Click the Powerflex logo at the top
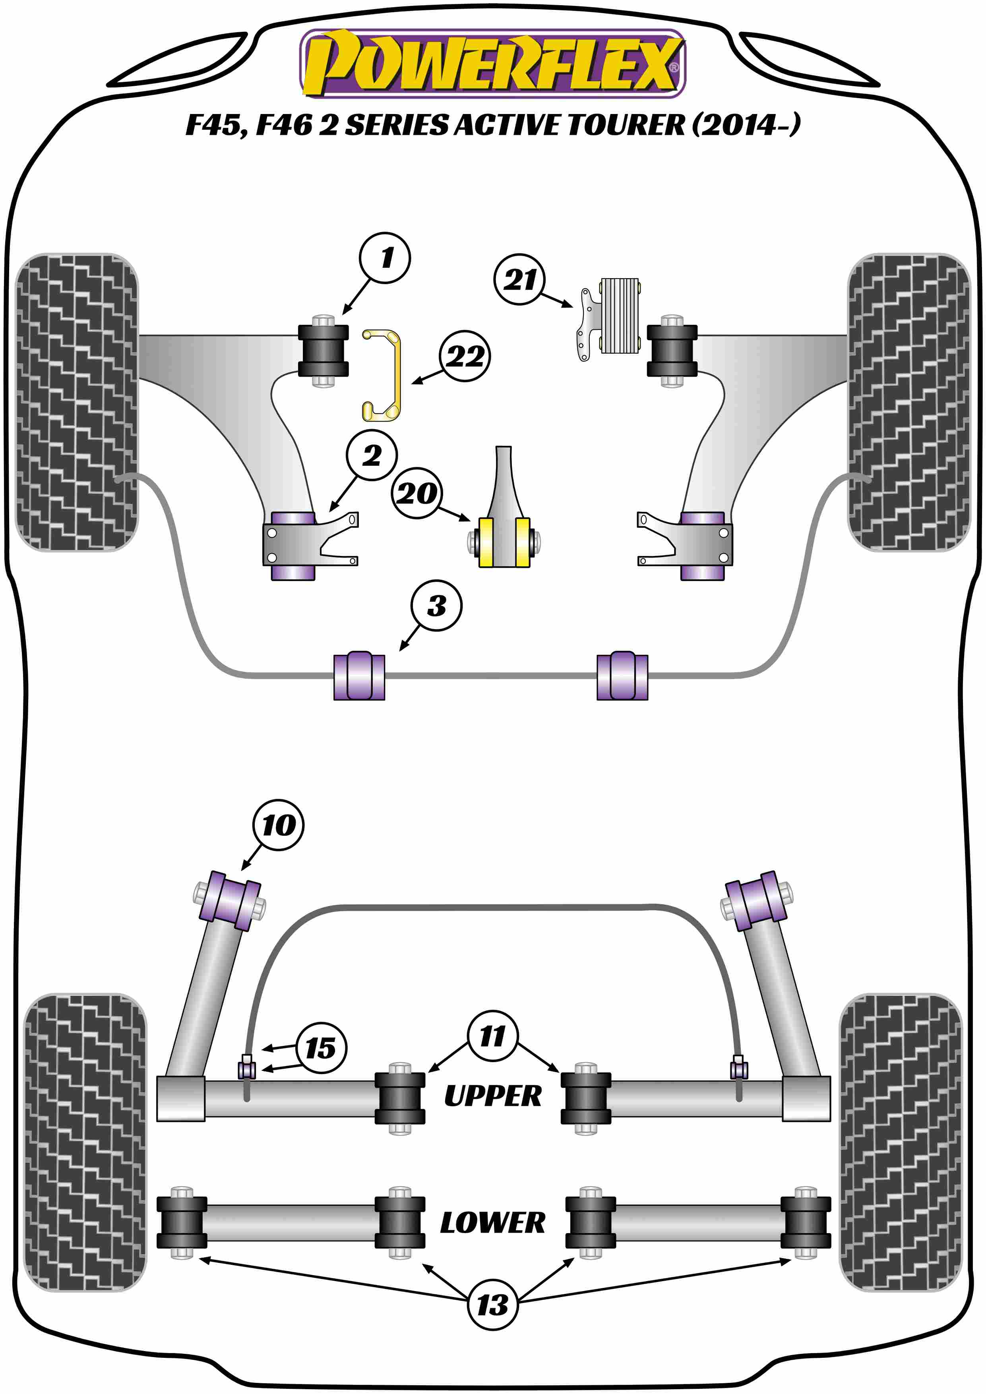492,64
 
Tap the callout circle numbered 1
385,258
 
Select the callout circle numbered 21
520,279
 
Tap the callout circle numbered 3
436,605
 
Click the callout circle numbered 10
278,825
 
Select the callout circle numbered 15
321,1047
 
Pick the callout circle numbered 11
492,1036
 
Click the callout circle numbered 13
492,1305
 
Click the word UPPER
492,1096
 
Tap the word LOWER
492,1222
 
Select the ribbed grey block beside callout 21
619,316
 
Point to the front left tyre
76,402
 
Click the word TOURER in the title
626,125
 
